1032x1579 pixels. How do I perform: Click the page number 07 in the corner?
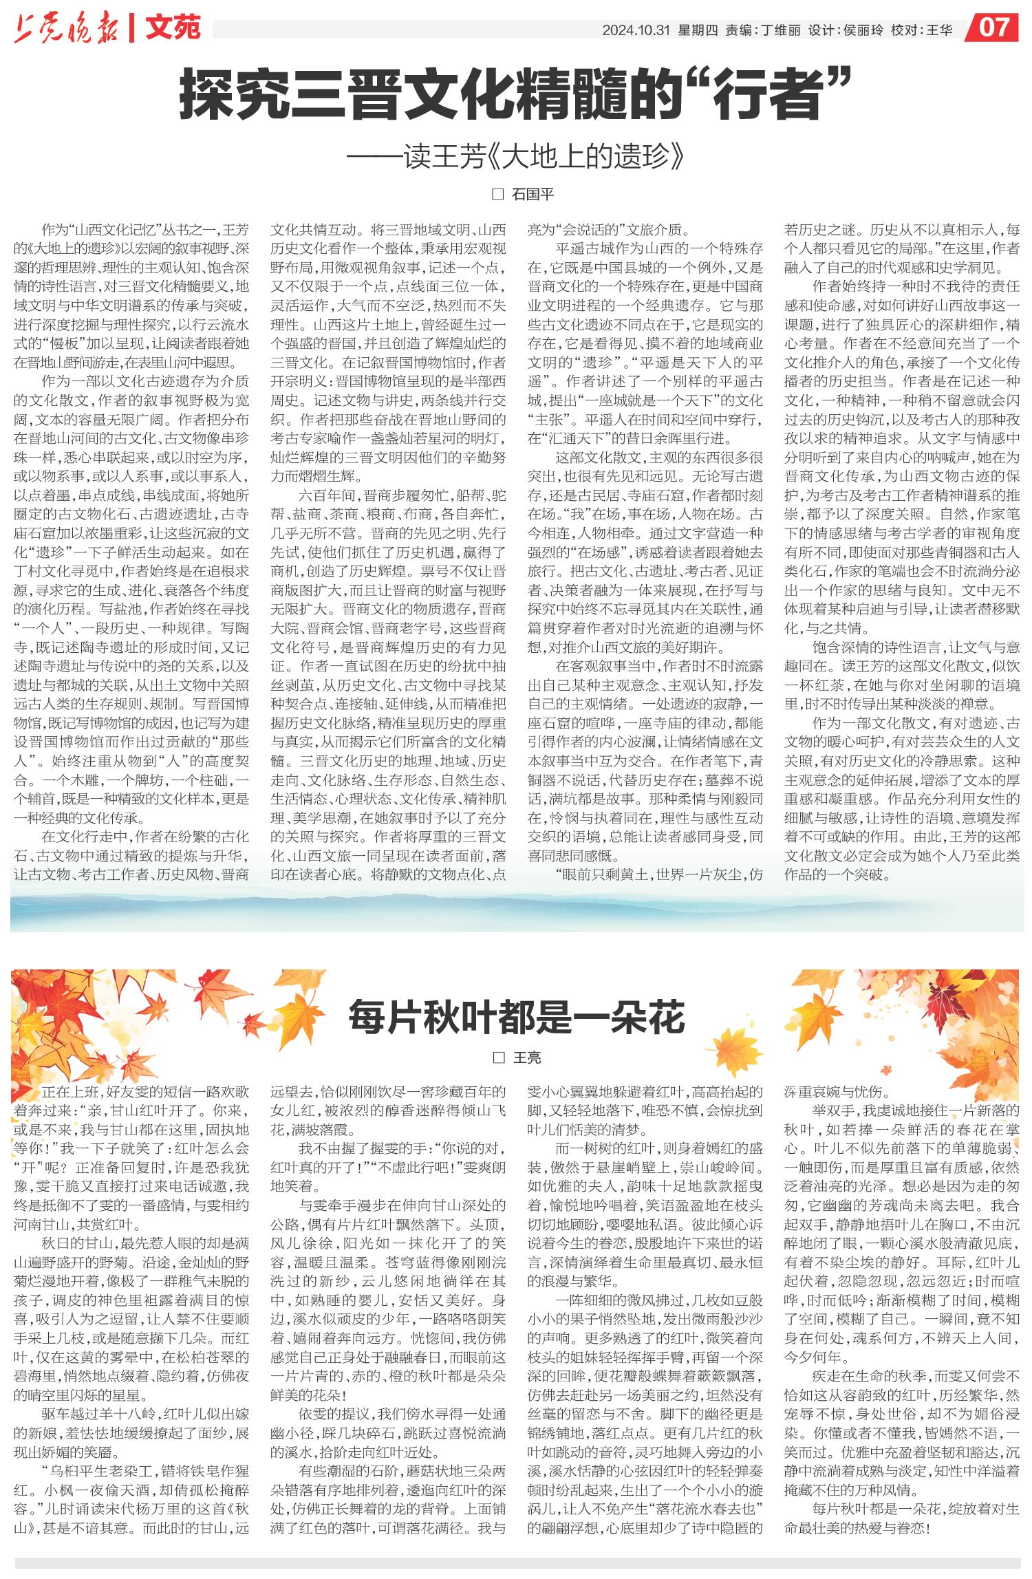(x=996, y=28)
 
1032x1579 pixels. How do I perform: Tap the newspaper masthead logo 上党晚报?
(x=66, y=30)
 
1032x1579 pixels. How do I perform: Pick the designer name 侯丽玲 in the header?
(x=863, y=30)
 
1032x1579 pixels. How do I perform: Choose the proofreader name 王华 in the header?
(x=940, y=30)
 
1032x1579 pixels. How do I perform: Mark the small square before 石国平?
(x=497, y=194)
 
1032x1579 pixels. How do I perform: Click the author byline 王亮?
(x=528, y=1057)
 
